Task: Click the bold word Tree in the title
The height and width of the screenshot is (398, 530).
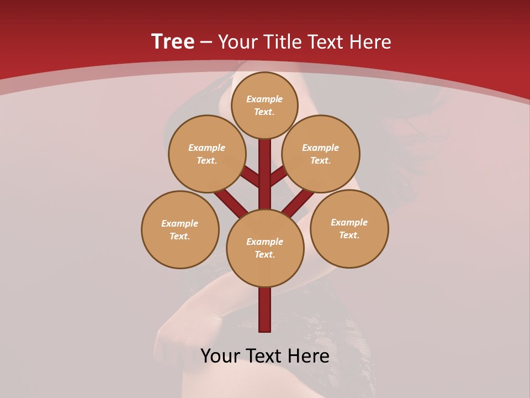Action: point(173,42)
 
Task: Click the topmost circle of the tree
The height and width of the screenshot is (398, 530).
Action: point(264,105)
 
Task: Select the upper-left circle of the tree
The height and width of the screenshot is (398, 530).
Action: point(207,154)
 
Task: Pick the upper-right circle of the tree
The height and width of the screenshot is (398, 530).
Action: point(321,154)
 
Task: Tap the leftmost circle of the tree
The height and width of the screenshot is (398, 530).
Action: point(180,229)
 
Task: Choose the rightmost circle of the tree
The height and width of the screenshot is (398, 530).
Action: point(349,228)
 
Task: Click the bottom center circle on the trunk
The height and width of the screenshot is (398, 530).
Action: point(265,248)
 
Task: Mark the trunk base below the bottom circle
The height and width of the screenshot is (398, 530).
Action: point(265,310)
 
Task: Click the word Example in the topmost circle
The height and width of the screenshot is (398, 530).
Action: point(264,99)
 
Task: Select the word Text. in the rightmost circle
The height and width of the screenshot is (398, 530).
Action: point(349,235)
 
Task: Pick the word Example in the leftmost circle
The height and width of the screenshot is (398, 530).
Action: point(180,223)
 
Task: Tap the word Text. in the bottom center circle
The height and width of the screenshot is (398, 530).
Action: point(265,254)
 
